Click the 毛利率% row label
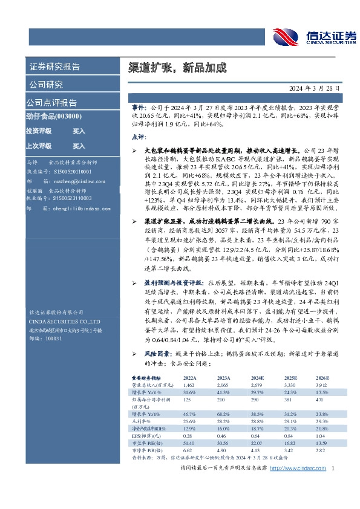click(x=144, y=420)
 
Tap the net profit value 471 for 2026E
click(x=320, y=401)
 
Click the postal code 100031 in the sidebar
click(x=54, y=339)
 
